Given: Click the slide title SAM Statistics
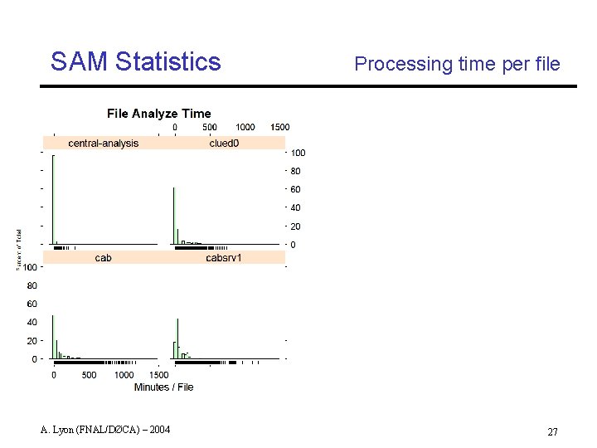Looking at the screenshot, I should tap(135, 62).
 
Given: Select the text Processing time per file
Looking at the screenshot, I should tap(457, 64).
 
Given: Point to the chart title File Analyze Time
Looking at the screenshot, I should tap(159, 114).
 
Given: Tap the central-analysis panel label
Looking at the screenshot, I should tap(104, 143).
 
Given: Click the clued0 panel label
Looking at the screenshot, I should tap(224, 143).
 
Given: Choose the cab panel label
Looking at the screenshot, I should tap(104, 258).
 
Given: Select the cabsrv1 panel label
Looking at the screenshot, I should tap(224, 258).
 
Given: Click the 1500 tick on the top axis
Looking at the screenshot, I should tap(280, 127).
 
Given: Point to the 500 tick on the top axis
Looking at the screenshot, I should tap(210, 127).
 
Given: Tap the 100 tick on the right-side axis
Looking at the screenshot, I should tap(298, 153).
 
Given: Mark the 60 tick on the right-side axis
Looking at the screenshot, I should tap(295, 190).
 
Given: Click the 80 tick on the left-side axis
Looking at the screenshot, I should tap(32, 285).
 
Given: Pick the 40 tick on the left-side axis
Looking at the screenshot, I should tap(32, 322).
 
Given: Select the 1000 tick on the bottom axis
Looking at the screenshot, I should tap(124, 375).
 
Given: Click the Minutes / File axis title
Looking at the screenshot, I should tap(163, 387).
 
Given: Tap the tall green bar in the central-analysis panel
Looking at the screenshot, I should tap(53, 199).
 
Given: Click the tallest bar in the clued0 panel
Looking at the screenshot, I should tap(174, 216).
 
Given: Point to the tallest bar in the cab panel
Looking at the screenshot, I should tap(53, 337).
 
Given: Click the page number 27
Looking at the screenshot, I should tap(553, 432).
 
